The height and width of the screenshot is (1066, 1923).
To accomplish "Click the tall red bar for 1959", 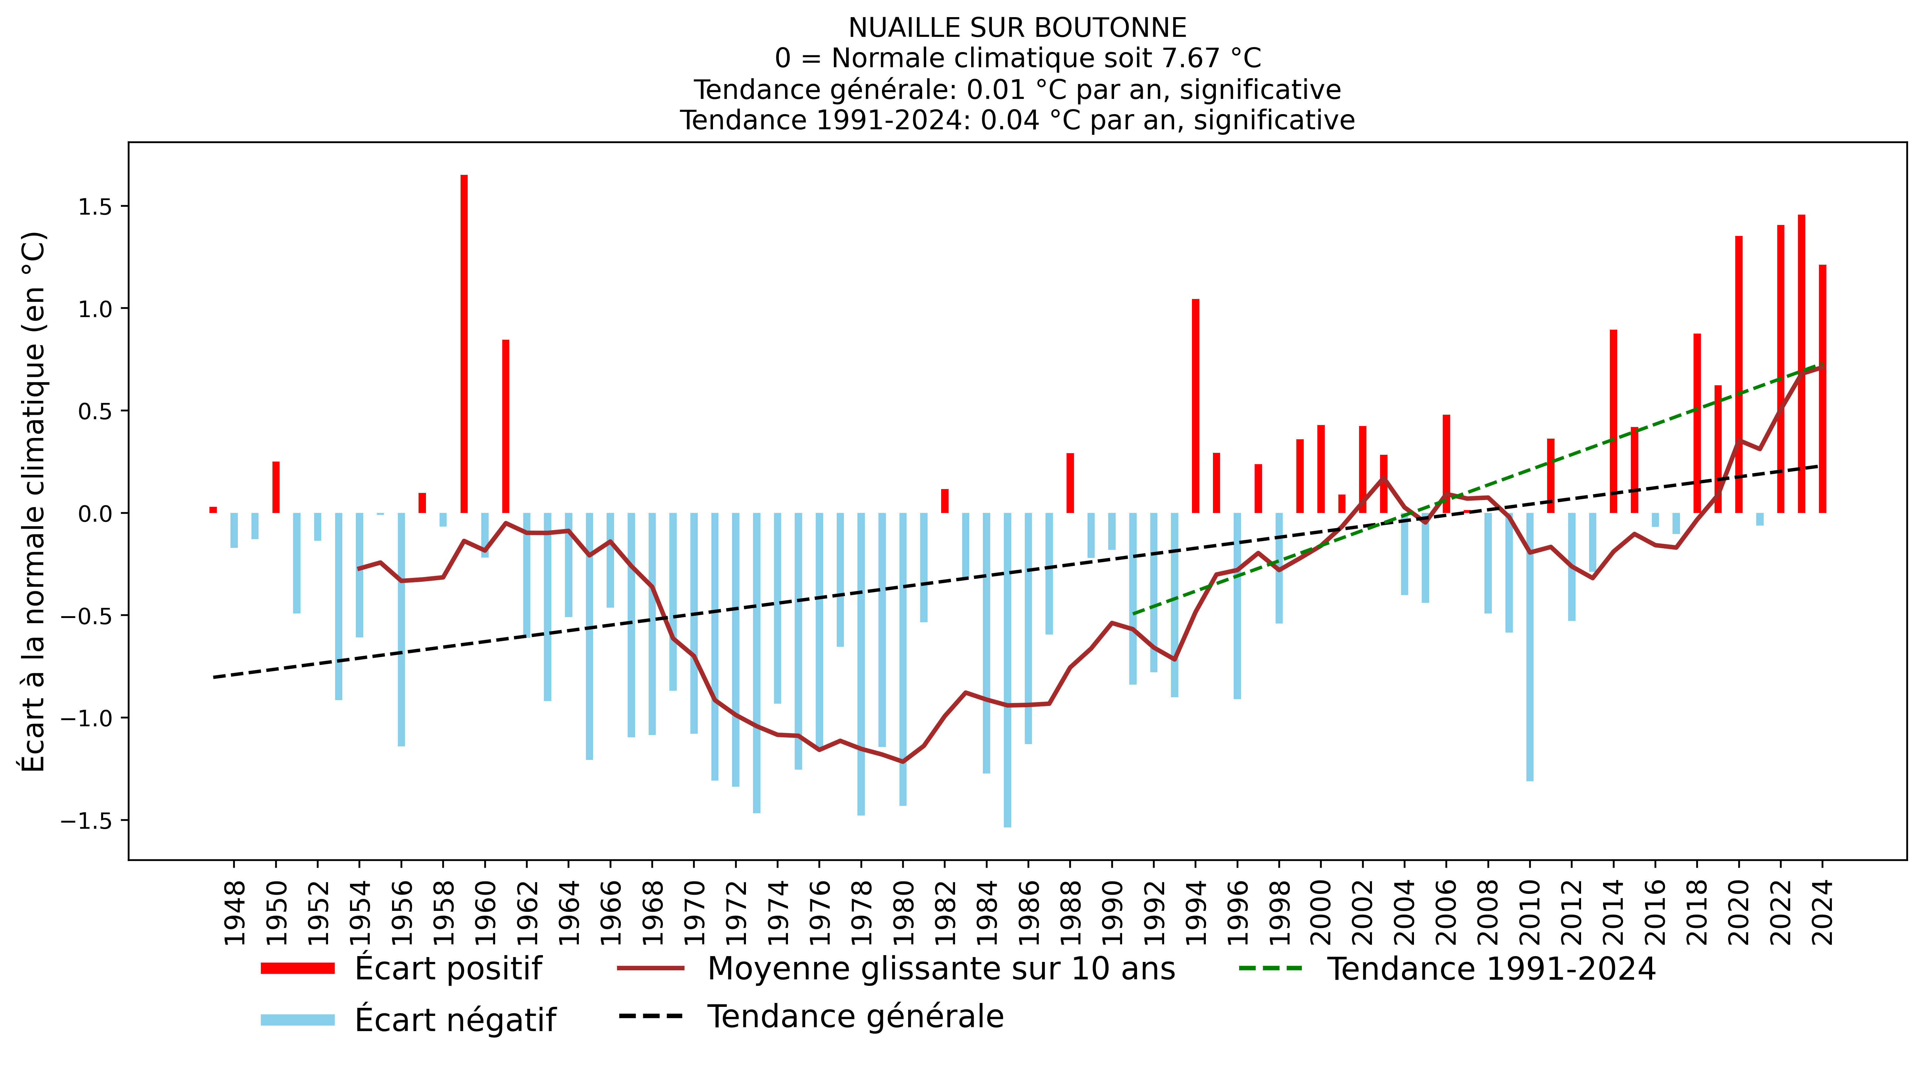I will [463, 343].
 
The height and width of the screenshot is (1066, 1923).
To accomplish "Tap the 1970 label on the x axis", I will [694, 912].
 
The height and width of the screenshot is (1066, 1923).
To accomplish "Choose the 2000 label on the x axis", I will [1321, 912].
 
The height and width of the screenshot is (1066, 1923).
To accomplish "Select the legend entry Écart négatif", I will [455, 1020].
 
